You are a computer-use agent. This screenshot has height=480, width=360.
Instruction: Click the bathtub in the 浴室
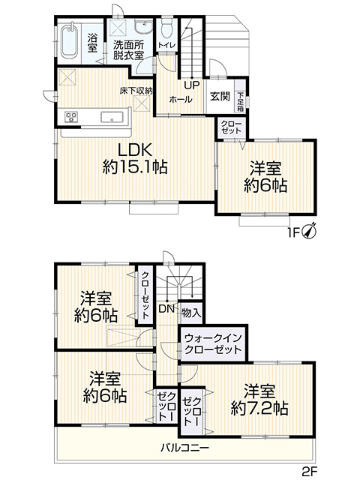tap(70, 41)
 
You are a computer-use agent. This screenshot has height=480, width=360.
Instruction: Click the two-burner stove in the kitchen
tap(71, 117)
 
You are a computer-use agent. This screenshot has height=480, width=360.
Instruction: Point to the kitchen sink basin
tap(112, 117)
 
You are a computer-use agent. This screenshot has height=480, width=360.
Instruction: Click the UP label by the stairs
tap(192, 85)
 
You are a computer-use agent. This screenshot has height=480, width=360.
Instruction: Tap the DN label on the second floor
tap(166, 309)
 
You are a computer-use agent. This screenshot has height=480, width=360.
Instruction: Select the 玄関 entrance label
tap(220, 97)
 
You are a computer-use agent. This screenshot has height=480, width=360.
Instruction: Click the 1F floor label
tap(293, 233)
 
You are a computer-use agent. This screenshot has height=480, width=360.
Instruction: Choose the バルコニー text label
tap(185, 448)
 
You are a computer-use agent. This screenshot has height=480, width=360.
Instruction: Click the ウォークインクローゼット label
tap(213, 343)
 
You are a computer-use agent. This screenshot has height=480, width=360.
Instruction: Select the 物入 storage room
tap(191, 313)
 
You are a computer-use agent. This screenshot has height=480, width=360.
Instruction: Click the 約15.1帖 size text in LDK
tap(135, 167)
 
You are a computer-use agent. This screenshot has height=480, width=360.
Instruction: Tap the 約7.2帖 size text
tap(259, 408)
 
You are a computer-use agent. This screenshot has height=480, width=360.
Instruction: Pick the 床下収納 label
tap(136, 91)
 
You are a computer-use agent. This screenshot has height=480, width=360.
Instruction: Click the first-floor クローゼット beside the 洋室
tap(231, 127)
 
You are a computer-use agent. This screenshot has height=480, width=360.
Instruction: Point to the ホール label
tap(181, 100)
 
